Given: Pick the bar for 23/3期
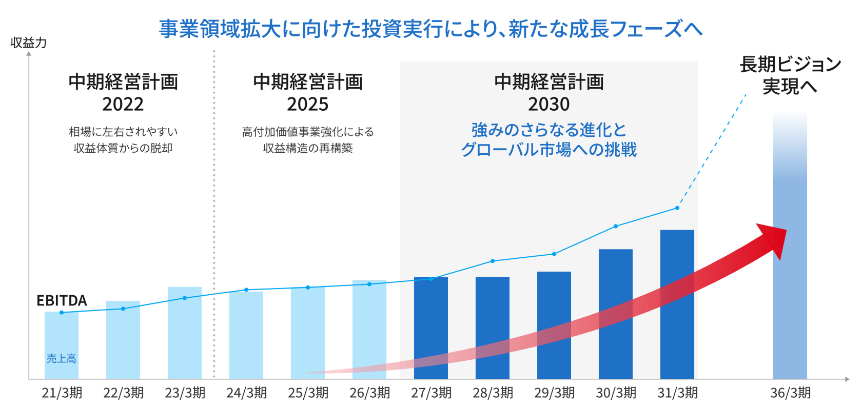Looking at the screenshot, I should click(184, 333).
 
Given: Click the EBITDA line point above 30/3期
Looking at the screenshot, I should click(616, 226).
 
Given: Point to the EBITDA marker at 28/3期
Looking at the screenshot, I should click(493, 261).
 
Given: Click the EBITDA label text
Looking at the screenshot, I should click(62, 300).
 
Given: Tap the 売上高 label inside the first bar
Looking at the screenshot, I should click(62, 359).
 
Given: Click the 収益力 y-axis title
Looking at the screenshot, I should click(29, 43).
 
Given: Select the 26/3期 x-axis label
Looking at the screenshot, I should click(369, 393).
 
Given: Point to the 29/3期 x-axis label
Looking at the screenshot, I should click(554, 393).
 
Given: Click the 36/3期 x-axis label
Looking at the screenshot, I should click(790, 393).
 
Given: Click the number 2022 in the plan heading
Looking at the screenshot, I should click(123, 105).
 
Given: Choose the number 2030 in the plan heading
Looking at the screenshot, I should click(548, 105).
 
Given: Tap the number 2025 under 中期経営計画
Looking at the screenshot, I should click(307, 105).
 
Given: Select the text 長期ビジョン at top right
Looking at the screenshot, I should click(790, 65).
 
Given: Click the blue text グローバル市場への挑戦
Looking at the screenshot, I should click(548, 150).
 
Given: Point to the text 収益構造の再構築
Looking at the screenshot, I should click(307, 148).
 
